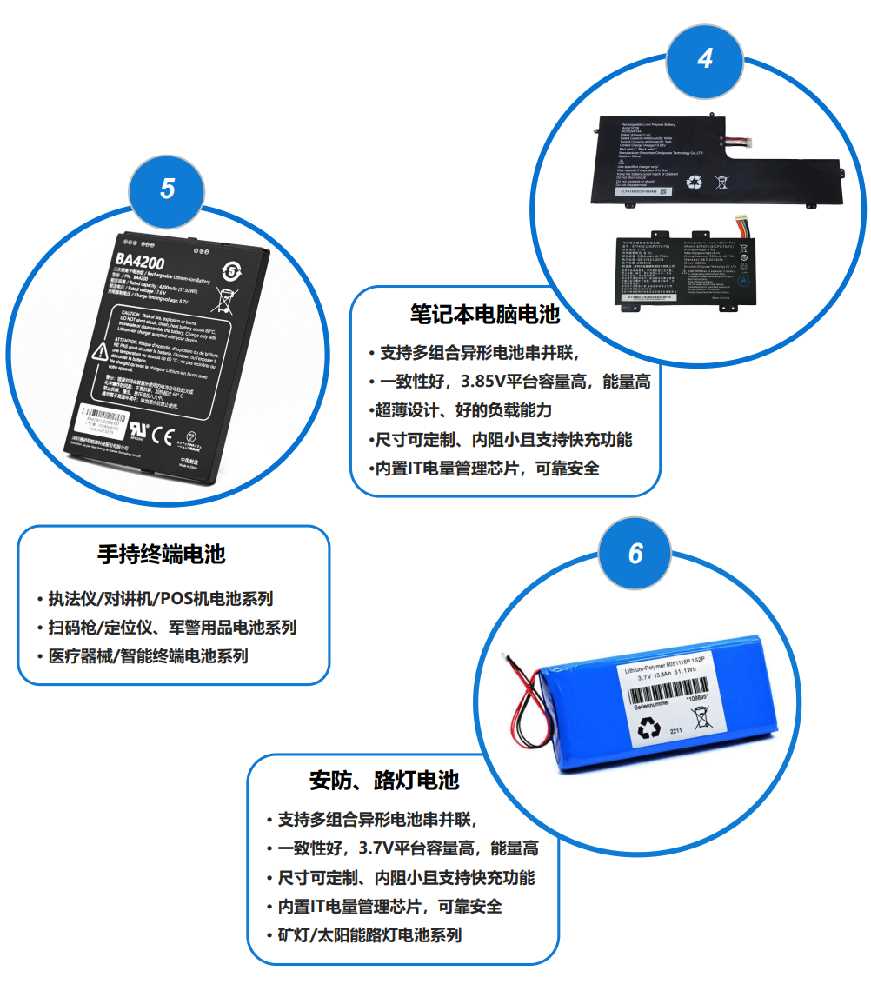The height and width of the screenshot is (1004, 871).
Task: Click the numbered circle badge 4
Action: click(705, 59)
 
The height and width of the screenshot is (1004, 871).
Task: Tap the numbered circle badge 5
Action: click(167, 189)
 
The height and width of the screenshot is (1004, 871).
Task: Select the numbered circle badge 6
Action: click(635, 554)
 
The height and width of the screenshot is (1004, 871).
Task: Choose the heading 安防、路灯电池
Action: click(384, 781)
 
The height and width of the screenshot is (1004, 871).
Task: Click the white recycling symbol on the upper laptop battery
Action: click(695, 182)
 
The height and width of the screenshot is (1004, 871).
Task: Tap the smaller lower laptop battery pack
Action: click(687, 269)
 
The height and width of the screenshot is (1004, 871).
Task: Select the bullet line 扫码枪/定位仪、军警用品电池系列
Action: click(171, 627)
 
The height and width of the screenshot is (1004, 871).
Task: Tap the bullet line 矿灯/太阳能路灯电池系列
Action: click(369, 935)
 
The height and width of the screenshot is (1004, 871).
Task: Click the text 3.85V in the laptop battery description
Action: click(492, 382)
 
